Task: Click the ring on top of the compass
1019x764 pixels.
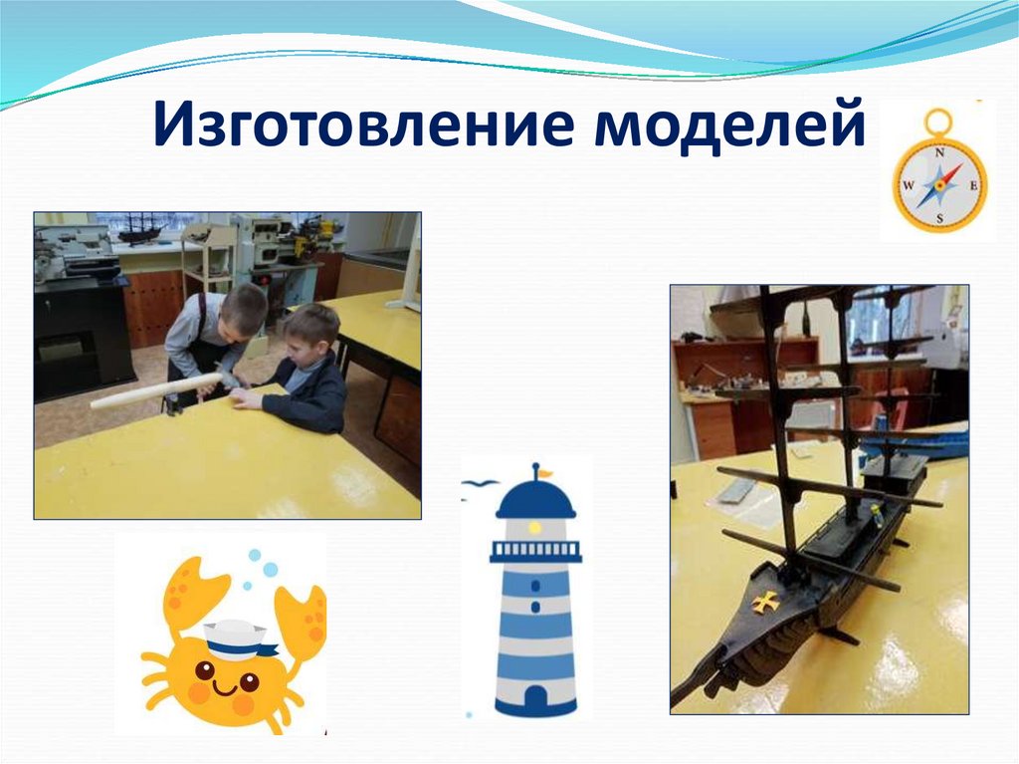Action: [937, 121]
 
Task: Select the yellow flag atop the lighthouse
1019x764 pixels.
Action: [544, 472]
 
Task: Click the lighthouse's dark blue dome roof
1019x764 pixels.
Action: [535, 500]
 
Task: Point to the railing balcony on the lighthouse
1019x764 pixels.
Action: [535, 551]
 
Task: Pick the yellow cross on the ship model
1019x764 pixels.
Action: [765, 601]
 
